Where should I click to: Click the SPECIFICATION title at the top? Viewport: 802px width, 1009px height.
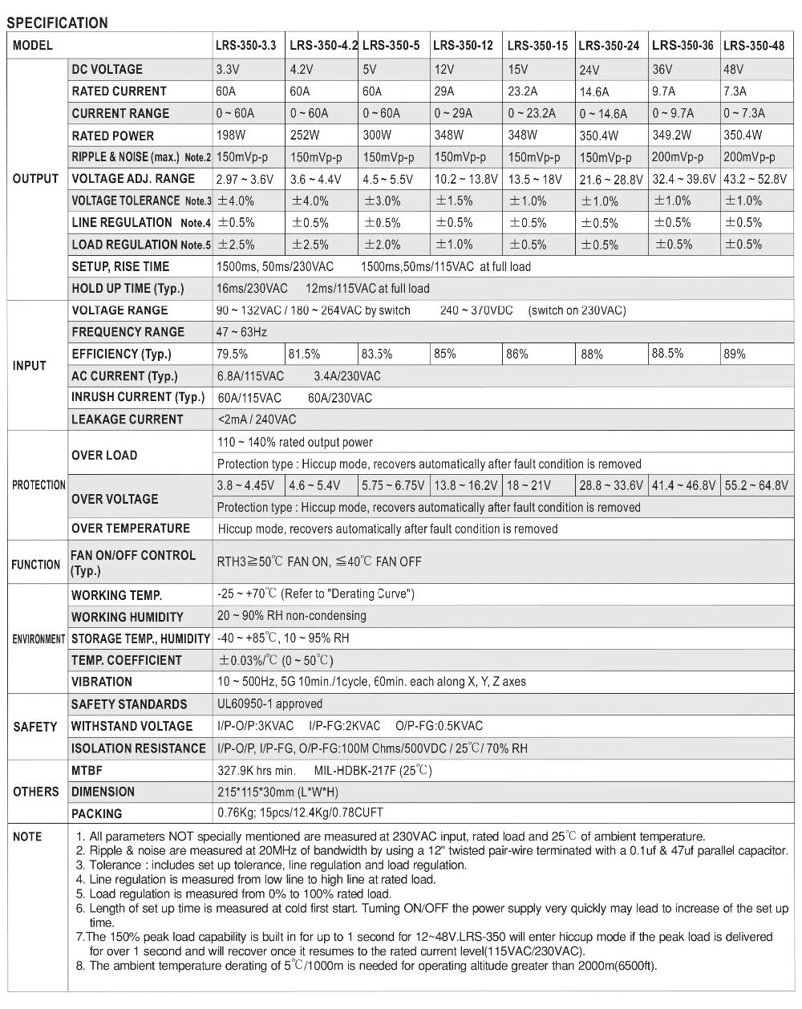pyautogui.click(x=57, y=22)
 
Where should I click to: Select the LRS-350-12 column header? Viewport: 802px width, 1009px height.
pyautogui.click(x=463, y=45)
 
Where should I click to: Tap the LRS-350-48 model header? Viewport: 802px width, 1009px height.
pyautogui.click(x=754, y=45)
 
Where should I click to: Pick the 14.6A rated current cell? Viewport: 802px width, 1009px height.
pyautogui.click(x=594, y=91)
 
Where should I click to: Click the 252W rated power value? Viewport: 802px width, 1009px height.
pyautogui.click(x=305, y=136)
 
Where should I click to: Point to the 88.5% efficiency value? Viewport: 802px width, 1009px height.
pyautogui.click(x=668, y=354)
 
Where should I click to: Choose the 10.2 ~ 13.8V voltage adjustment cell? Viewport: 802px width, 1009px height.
pyautogui.click(x=466, y=179)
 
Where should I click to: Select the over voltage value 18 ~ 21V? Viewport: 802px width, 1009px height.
pyautogui.click(x=529, y=485)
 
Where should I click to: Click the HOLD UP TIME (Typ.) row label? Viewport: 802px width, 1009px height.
pyautogui.click(x=128, y=288)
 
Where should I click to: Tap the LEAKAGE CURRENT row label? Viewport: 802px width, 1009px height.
pyautogui.click(x=128, y=419)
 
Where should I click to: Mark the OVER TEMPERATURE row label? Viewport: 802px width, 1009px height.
pyautogui.click(x=131, y=529)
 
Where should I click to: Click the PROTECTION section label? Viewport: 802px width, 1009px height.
pyautogui.click(x=38, y=485)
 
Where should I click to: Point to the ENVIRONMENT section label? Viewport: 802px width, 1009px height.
pyautogui.click(x=38, y=639)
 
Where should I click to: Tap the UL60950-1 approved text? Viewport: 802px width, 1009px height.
pyautogui.click(x=269, y=704)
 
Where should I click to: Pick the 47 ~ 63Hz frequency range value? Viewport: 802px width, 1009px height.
pyautogui.click(x=242, y=332)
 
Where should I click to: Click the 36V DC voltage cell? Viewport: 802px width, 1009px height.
pyautogui.click(x=662, y=69)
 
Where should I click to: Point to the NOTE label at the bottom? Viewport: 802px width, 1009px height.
pyautogui.click(x=27, y=837)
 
